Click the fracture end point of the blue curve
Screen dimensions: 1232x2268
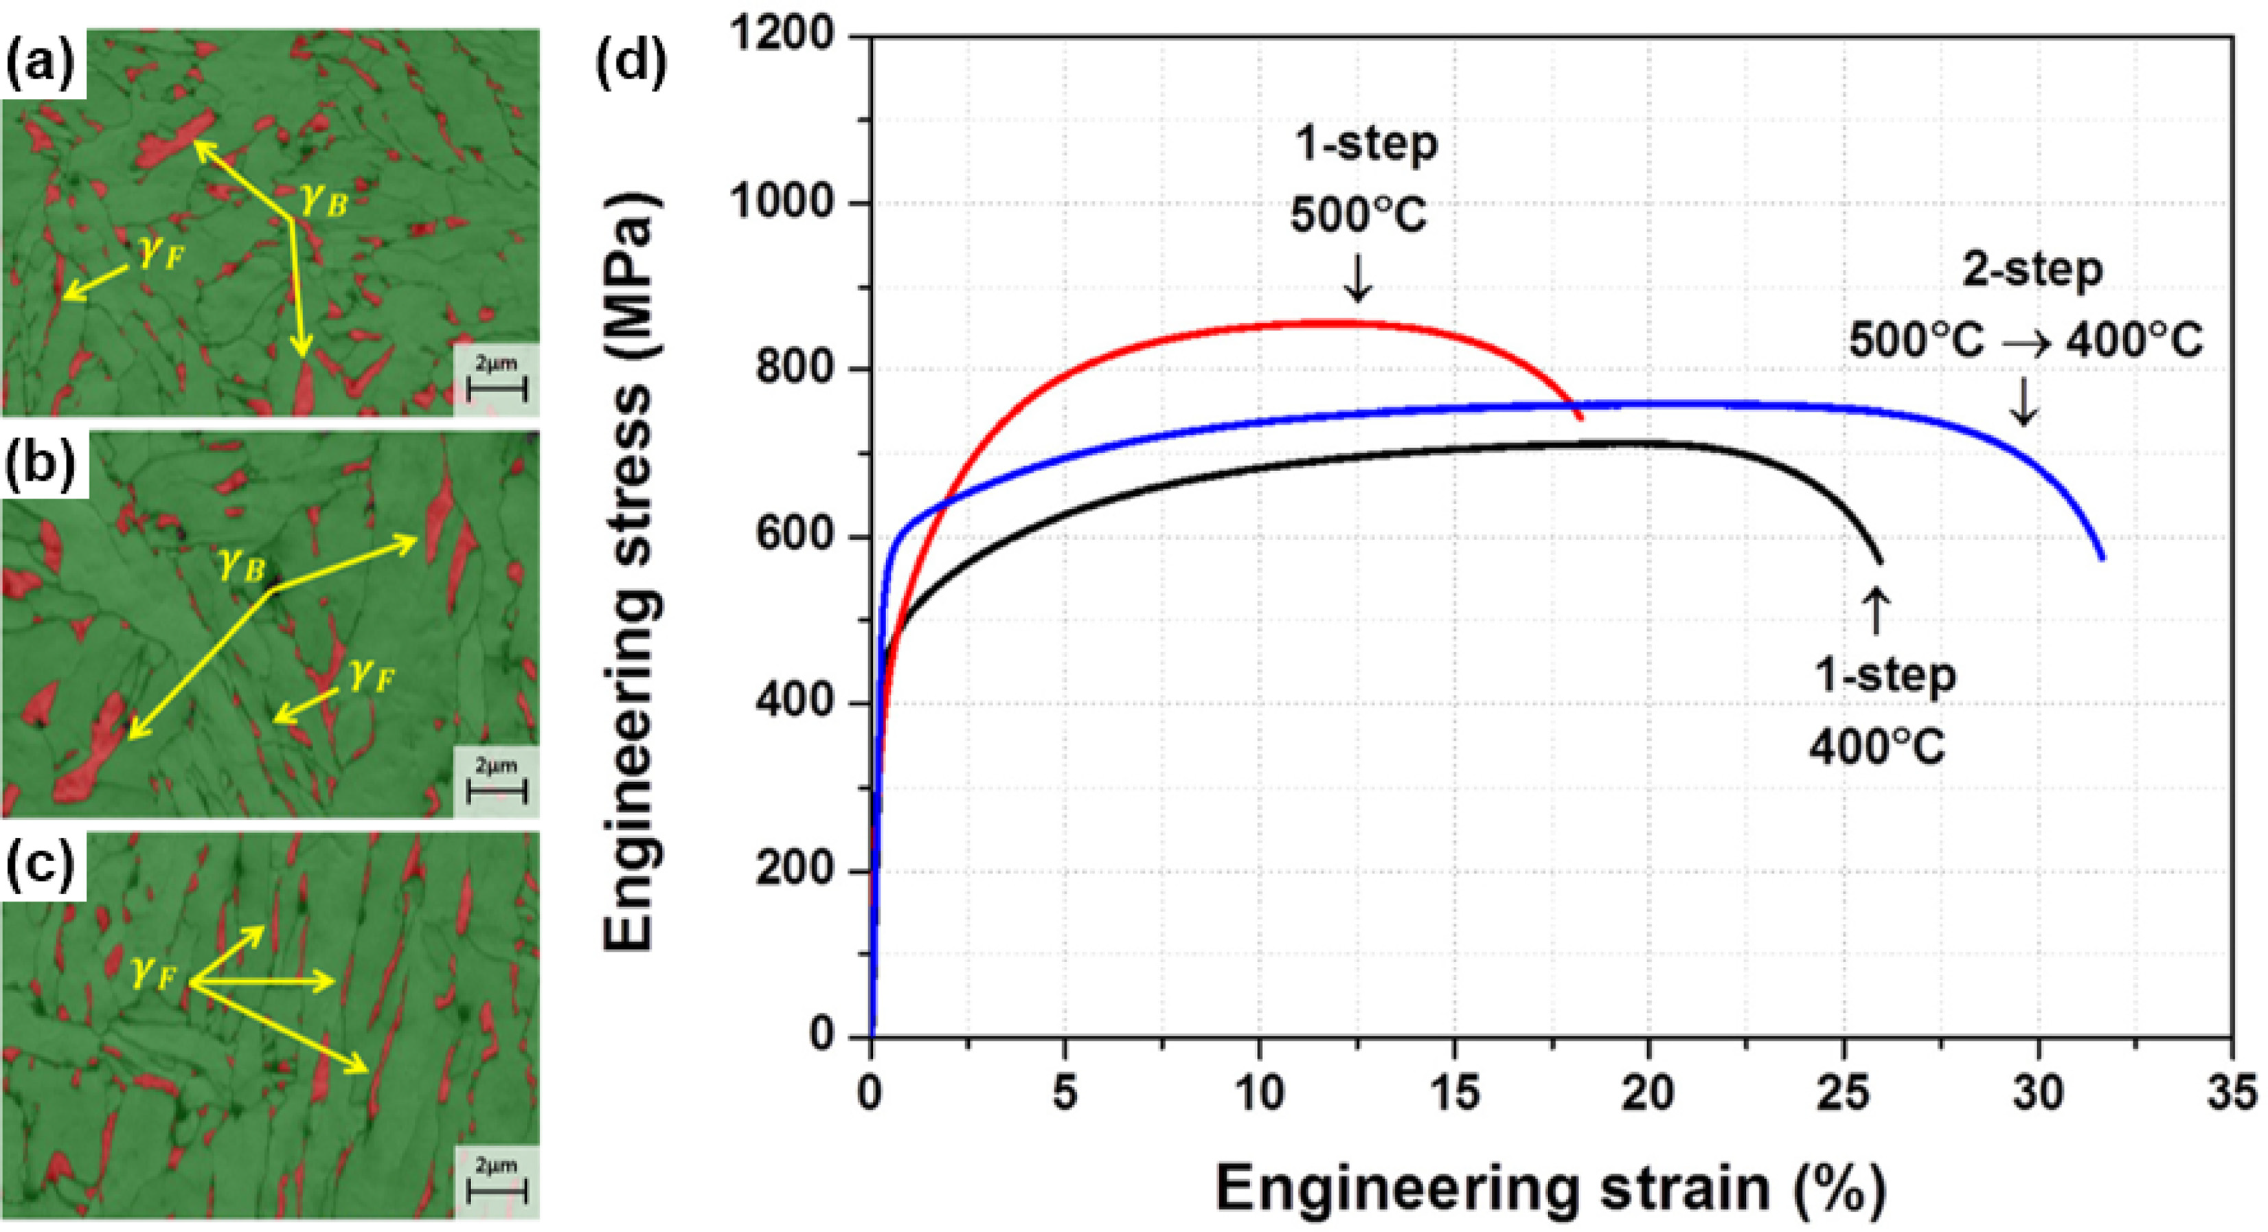[x=2102, y=558]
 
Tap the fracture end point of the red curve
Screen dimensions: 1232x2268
[x=1581, y=418]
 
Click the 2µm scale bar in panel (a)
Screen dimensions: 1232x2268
[x=497, y=388]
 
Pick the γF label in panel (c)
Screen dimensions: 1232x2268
[x=156, y=974]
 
